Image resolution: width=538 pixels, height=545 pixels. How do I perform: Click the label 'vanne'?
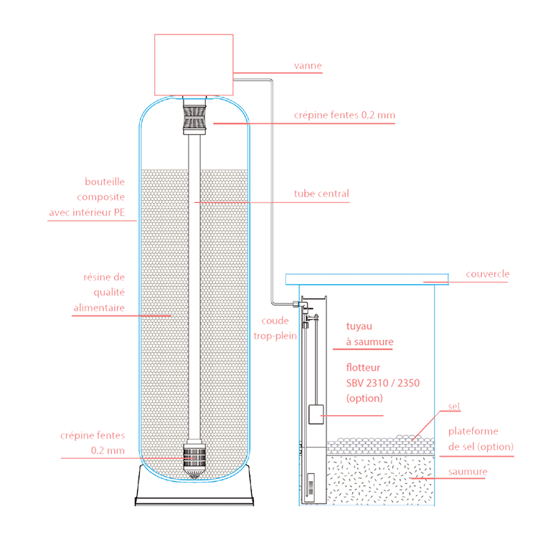(x=308, y=66)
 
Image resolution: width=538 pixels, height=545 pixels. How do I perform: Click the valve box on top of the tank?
(x=194, y=64)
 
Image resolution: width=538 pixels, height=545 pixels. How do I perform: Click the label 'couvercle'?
(x=487, y=274)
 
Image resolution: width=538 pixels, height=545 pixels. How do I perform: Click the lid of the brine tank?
(x=367, y=278)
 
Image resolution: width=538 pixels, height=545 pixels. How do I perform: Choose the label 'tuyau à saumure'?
(x=369, y=334)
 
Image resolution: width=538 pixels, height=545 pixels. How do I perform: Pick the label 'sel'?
(x=453, y=407)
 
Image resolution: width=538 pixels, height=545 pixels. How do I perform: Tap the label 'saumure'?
(x=467, y=472)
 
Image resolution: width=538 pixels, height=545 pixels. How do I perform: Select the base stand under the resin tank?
(x=194, y=490)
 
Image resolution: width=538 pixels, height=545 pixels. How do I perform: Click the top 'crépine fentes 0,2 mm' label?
(x=344, y=115)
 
